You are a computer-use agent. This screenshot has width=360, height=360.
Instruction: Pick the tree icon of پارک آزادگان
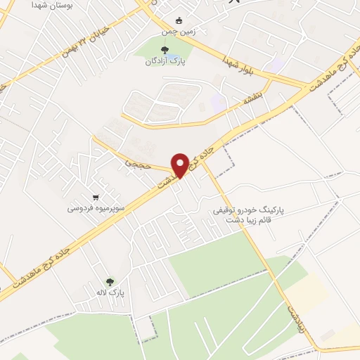[165, 49]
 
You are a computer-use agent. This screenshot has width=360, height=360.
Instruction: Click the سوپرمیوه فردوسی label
[96, 208]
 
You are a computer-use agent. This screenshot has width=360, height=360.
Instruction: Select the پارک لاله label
[110, 291]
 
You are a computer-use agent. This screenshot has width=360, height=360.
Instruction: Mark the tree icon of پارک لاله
[108, 281]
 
